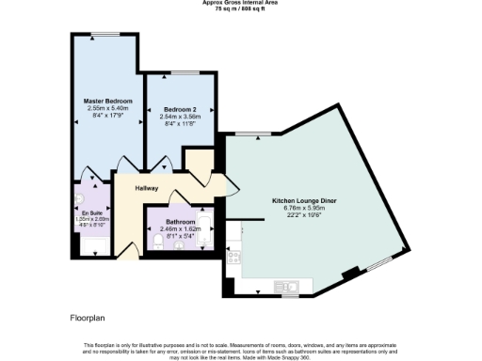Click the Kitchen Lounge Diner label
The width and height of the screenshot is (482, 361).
click(304, 201)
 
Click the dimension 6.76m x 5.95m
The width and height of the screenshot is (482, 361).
click(304, 208)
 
